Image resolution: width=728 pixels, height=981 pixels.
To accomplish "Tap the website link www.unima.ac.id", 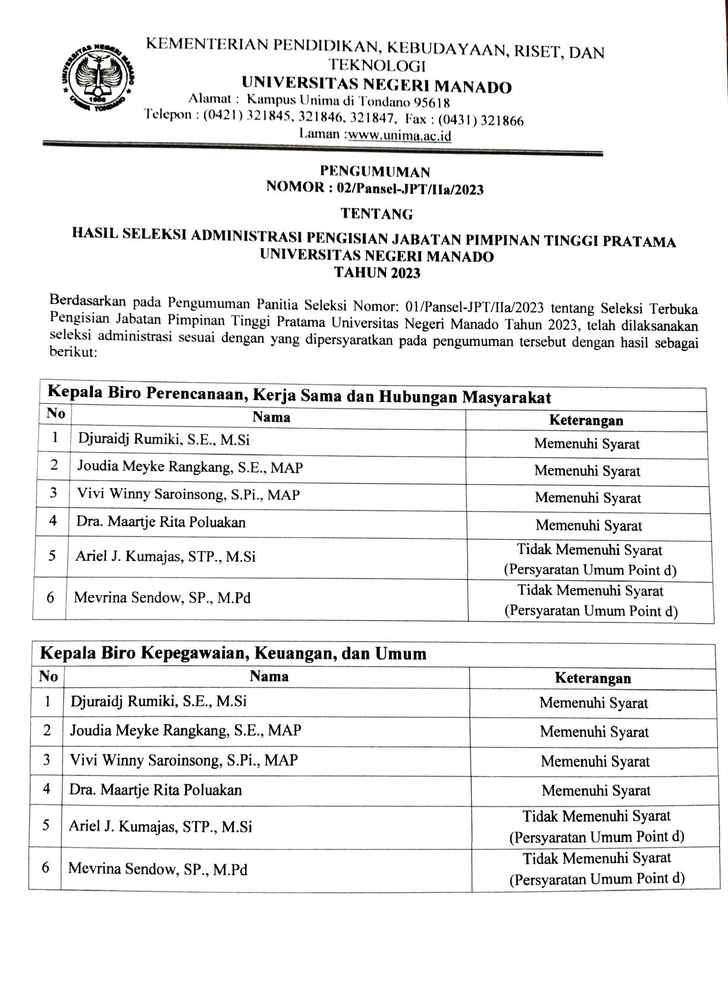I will click(x=399, y=136).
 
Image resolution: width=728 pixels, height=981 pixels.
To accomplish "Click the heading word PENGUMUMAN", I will click(x=375, y=172).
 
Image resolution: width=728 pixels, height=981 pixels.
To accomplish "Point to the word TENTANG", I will click(x=376, y=213).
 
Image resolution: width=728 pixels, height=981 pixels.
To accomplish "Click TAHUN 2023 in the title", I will click(x=377, y=273).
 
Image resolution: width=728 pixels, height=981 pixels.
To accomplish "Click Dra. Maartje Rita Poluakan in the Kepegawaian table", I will click(x=156, y=790).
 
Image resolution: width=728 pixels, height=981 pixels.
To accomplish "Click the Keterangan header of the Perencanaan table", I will click(x=586, y=420).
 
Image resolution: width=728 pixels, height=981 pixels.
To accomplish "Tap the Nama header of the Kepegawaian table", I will click(x=269, y=677).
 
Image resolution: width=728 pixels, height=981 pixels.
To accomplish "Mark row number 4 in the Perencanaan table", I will click(x=54, y=521).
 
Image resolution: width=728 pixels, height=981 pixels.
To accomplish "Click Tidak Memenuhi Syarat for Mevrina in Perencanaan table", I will click(x=590, y=591).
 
